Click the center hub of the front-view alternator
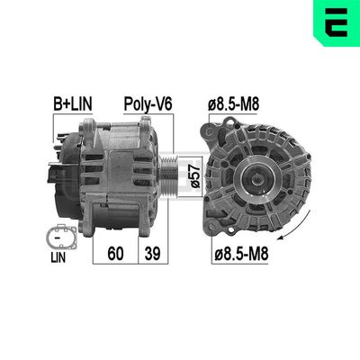[x=247, y=177]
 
